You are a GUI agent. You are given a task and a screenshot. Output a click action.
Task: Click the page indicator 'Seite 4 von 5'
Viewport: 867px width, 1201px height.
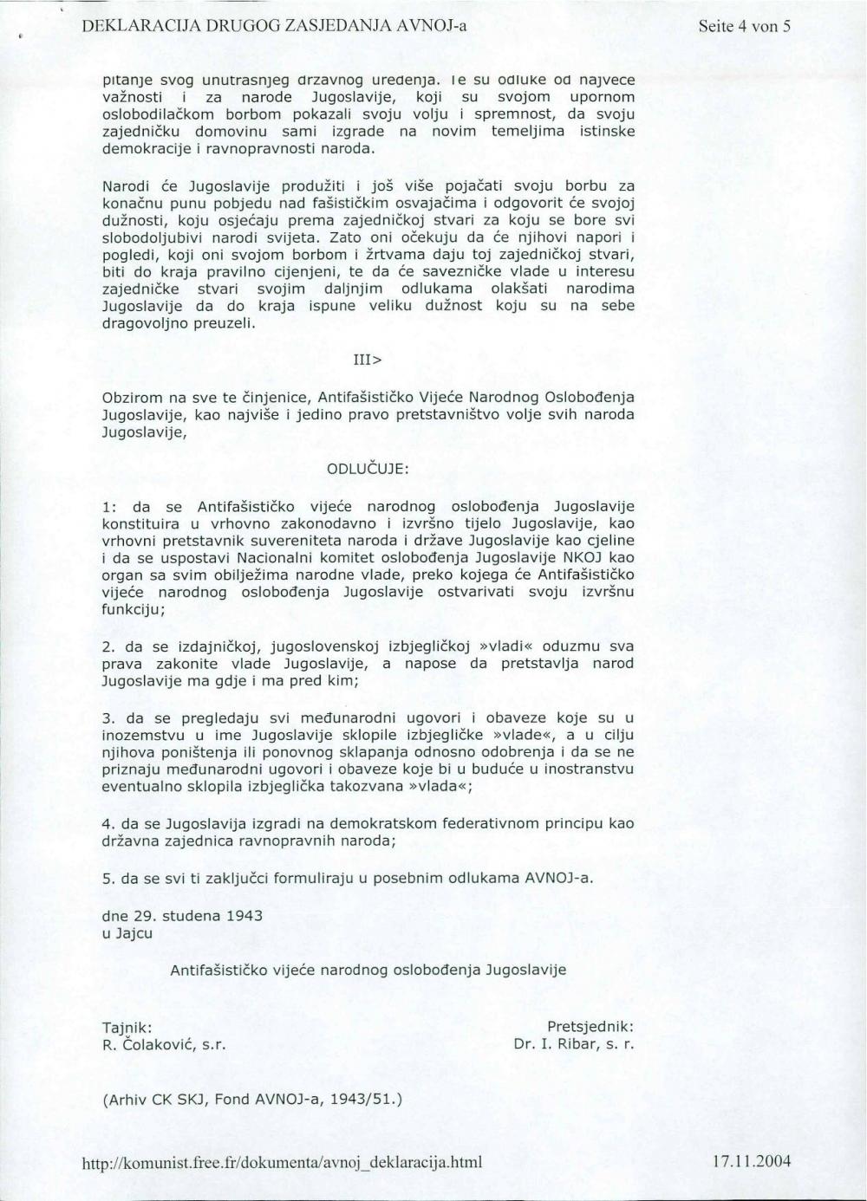point(744,26)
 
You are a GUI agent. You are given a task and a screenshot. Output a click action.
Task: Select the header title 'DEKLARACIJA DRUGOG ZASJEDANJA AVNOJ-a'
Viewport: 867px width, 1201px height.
point(274,26)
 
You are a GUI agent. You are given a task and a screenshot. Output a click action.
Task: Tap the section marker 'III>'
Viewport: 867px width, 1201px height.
point(368,360)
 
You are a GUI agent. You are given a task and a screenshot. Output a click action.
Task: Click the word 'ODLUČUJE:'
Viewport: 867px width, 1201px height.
point(368,469)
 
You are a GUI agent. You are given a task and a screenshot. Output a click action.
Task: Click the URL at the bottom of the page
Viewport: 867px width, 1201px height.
point(282,1161)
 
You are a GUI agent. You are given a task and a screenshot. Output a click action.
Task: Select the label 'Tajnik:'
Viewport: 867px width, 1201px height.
point(127,1027)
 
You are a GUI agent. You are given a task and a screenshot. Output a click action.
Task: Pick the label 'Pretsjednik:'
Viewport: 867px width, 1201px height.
point(590,1027)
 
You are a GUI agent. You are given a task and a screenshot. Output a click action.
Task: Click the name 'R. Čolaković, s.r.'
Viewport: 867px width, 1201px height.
point(164,1044)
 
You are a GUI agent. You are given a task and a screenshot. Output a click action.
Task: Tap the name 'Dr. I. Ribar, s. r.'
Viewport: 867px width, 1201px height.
point(574,1044)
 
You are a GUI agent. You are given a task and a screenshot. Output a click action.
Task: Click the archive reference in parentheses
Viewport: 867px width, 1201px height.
point(252,1100)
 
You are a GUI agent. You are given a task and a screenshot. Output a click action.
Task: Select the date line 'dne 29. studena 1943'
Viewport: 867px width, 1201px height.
point(182,915)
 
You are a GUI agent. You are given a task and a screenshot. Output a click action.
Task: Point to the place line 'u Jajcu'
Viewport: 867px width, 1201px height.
point(127,933)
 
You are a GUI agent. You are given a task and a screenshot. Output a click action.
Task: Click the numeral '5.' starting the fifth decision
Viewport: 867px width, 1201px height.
point(108,878)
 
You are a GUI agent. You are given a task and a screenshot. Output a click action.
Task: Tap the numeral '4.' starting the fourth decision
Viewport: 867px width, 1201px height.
point(108,822)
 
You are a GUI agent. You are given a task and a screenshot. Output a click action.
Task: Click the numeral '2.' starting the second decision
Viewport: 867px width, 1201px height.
point(108,646)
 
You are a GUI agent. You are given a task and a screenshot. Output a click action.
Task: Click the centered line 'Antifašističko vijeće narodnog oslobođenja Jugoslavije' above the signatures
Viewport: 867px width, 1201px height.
point(368,970)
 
